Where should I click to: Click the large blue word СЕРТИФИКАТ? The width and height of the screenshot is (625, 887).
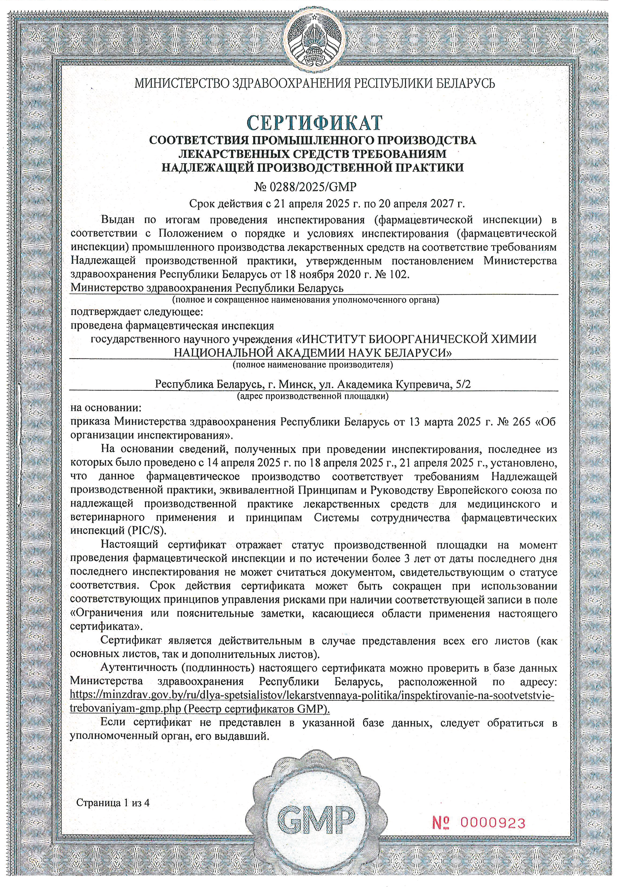point(314,123)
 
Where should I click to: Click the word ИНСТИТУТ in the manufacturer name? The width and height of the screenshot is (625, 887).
point(331,339)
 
